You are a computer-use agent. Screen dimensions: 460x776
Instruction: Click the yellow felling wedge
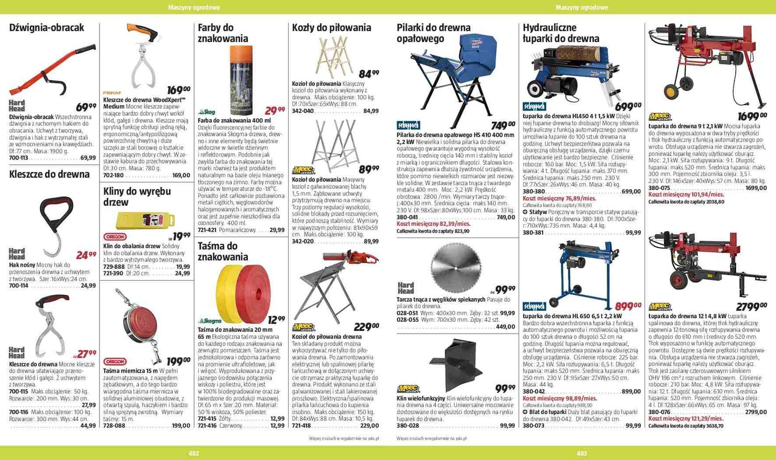coord(146,220)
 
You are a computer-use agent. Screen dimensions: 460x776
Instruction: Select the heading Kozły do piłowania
coord(331,28)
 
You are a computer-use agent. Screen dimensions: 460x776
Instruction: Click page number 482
coord(194,453)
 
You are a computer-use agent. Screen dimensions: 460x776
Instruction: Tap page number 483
coord(582,453)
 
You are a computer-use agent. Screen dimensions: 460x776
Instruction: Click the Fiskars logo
coord(112,93)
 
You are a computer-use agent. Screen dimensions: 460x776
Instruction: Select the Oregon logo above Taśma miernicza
coord(115,362)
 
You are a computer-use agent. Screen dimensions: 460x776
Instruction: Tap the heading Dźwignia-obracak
coord(47,28)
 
